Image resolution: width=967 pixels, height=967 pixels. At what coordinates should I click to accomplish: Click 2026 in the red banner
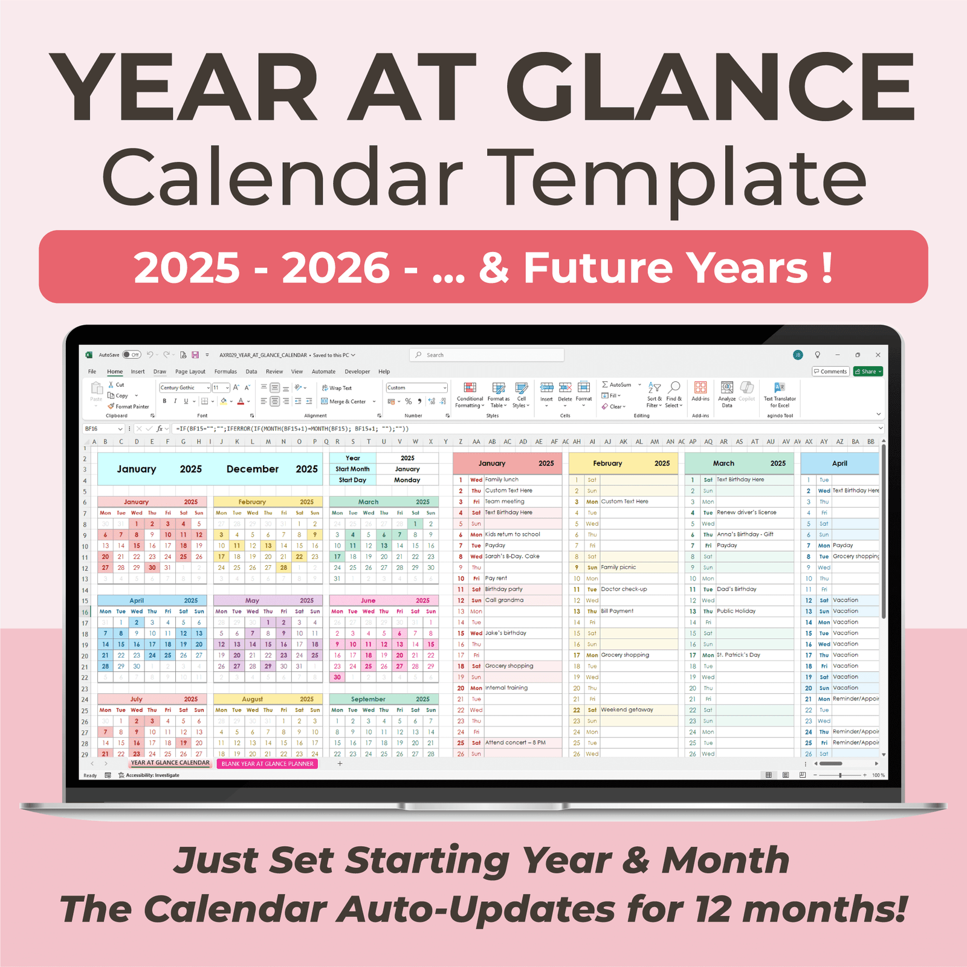336,268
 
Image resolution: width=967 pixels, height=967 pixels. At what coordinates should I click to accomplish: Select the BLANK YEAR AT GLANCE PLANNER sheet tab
267,764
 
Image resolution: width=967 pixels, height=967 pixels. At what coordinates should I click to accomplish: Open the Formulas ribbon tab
225,372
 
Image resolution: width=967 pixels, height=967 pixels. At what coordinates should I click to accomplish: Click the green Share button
868,372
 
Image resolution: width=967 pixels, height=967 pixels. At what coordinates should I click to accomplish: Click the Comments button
830,372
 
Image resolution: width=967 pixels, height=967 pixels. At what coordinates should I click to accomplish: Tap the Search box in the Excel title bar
487,355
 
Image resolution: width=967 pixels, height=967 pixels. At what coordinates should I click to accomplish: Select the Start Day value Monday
407,480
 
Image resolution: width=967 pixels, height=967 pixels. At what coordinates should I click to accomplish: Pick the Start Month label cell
352,469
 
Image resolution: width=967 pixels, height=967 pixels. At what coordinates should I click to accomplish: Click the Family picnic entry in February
618,568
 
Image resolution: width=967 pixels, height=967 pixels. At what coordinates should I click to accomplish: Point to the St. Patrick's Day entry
739,655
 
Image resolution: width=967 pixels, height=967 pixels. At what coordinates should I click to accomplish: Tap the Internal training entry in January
506,688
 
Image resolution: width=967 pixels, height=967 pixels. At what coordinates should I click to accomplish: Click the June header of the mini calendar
368,601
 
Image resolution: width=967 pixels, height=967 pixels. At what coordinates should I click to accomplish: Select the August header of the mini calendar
252,699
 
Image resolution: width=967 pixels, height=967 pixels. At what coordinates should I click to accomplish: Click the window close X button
878,355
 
